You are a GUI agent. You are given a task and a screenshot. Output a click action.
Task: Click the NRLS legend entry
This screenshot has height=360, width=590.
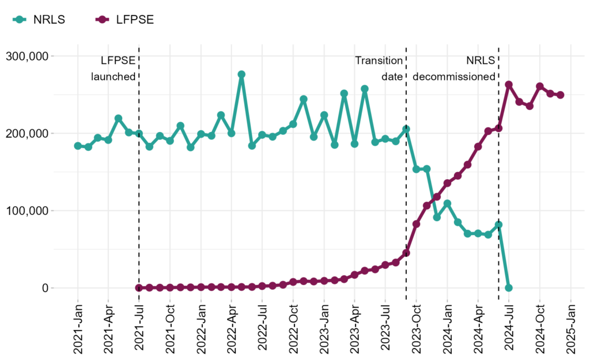pos(39,19)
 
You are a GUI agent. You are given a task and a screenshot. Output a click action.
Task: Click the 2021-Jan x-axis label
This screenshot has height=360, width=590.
pos(78,325)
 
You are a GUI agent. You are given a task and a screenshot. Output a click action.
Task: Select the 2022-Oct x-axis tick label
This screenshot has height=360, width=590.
pos(293,325)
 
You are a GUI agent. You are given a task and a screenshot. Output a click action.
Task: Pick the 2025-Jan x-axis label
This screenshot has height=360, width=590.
pos(571,325)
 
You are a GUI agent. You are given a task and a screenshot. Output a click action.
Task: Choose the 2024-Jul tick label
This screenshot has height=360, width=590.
pos(509,325)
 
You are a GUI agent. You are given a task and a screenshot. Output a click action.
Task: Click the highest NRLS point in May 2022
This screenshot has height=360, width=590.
pos(241,75)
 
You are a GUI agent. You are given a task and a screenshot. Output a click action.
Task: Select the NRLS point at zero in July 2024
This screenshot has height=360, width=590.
pos(509,287)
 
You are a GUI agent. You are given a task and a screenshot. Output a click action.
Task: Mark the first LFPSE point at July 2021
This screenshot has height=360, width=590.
pos(139,287)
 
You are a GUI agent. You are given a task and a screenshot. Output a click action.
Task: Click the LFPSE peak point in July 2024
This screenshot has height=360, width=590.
pos(509,85)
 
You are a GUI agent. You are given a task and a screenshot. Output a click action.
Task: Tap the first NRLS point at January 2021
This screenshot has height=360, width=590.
pos(78,146)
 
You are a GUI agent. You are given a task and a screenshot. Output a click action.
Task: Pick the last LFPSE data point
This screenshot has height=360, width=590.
pos(560,95)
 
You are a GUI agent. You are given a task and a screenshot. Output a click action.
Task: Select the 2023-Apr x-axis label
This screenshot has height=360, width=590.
pos(355,325)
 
